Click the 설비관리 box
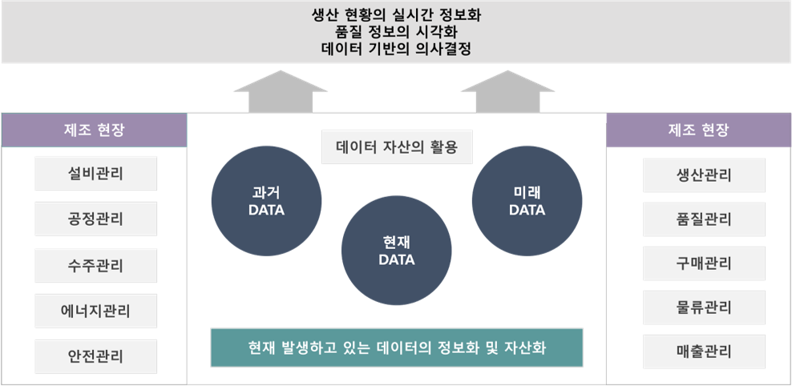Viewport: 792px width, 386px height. (95, 174)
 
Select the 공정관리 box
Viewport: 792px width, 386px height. (95, 219)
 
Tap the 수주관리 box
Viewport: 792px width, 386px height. (95, 265)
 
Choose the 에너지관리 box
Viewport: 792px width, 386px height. (95, 311)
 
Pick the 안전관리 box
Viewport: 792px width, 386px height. (95, 356)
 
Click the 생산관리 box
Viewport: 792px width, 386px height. (704, 175)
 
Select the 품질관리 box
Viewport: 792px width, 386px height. (704, 219)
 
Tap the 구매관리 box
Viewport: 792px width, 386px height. (704, 263)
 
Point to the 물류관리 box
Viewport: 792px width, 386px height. (704, 308)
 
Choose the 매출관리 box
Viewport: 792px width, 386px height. (704, 352)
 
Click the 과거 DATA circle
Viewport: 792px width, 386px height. (266, 201)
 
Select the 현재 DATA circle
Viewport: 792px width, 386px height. (397, 251)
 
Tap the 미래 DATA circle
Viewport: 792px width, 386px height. (527, 201)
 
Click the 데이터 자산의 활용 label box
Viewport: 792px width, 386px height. (397, 147)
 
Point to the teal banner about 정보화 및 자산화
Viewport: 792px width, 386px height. (397, 348)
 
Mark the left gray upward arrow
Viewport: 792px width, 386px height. (281, 92)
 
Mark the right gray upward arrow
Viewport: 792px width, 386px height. (508, 92)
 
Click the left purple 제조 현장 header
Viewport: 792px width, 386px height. (94, 131)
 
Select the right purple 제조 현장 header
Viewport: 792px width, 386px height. (698, 131)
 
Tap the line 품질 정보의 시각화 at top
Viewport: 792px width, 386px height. (397, 32)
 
